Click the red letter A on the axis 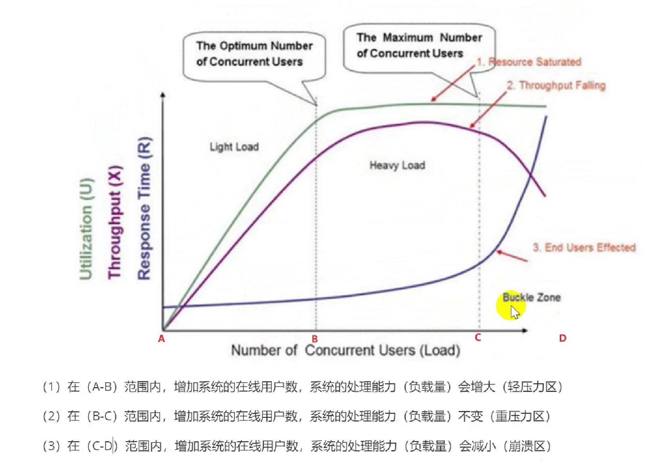point(162,339)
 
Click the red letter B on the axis point(315,339)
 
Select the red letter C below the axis point(478,337)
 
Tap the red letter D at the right point(563,338)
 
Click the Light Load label point(234,147)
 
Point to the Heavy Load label point(397,165)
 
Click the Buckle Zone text point(531,297)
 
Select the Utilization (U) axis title point(86,228)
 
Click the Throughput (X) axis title point(114,222)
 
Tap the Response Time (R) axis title point(144,208)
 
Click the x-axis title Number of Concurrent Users point(345,350)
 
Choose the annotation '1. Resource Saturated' point(529,62)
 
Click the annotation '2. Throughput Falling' point(557,85)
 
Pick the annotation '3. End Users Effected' point(584,247)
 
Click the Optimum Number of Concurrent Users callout point(254,54)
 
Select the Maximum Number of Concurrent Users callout point(419,46)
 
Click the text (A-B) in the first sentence point(101,387)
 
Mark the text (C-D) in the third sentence point(102,446)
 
